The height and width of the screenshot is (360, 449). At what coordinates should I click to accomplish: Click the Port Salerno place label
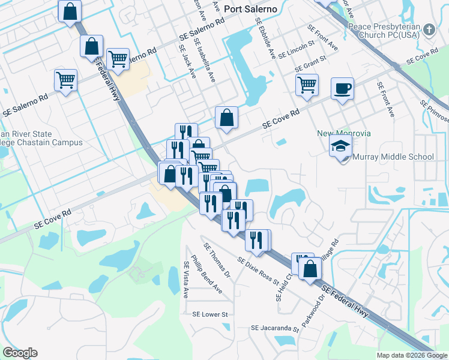pos(250,9)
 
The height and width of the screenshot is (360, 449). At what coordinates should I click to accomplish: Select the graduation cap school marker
pos(340,146)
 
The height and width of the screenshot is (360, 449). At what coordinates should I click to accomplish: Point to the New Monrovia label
pos(344,133)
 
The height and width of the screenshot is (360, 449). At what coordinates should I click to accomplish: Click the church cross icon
pos(429,29)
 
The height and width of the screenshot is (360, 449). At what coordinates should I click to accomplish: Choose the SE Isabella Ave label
pos(205,61)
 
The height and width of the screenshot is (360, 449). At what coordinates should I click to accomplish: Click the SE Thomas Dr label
pos(217,260)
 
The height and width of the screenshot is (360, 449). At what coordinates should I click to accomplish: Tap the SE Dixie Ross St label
pos(263,268)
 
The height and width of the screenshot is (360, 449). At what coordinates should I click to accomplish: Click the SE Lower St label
pos(210,314)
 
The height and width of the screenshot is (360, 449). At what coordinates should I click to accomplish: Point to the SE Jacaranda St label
pos(275,329)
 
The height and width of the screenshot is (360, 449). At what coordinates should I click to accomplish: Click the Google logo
pos(20,353)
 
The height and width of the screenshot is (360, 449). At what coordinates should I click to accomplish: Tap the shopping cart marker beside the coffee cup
pos(307,85)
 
